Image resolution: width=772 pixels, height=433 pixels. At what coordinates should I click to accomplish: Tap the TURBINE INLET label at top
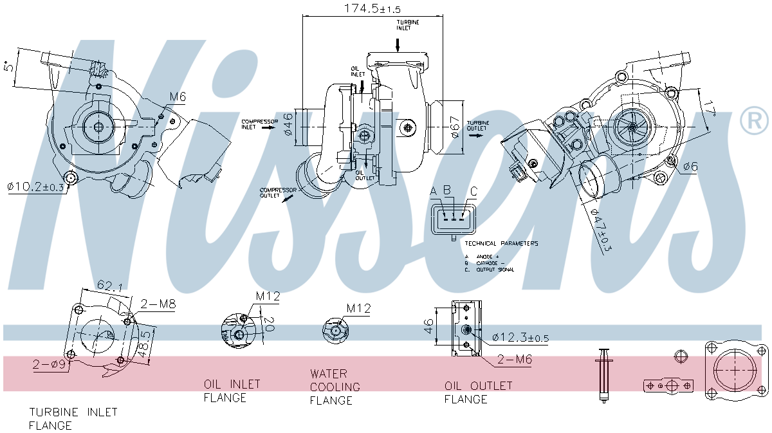pos(407,25)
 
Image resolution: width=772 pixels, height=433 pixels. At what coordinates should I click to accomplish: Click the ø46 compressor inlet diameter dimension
pos(289,124)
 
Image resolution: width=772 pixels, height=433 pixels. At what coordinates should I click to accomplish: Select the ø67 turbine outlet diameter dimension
pos(455,126)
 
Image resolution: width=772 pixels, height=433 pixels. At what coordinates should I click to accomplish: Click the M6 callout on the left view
pos(178,97)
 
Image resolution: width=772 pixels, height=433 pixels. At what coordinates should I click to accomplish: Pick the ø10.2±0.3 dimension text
pos(36,187)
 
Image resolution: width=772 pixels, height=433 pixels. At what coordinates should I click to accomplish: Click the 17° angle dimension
pos(710,108)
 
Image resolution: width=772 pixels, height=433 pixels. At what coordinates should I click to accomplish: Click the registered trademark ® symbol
pos(754,121)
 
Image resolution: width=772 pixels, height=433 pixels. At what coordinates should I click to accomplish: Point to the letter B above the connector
pos(447,191)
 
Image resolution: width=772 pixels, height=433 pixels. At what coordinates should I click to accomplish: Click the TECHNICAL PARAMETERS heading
pos(501,244)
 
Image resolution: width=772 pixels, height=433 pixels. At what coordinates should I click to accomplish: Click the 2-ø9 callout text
pos(49,365)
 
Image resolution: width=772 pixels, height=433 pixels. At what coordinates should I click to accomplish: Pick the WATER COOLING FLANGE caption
pos(335,387)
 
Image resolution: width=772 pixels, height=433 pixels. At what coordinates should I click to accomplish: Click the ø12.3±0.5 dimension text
pos(520,337)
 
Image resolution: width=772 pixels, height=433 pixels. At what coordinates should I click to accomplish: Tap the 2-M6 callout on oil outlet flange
pos(513,360)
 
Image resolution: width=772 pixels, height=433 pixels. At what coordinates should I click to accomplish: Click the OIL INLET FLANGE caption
pos(232,391)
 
